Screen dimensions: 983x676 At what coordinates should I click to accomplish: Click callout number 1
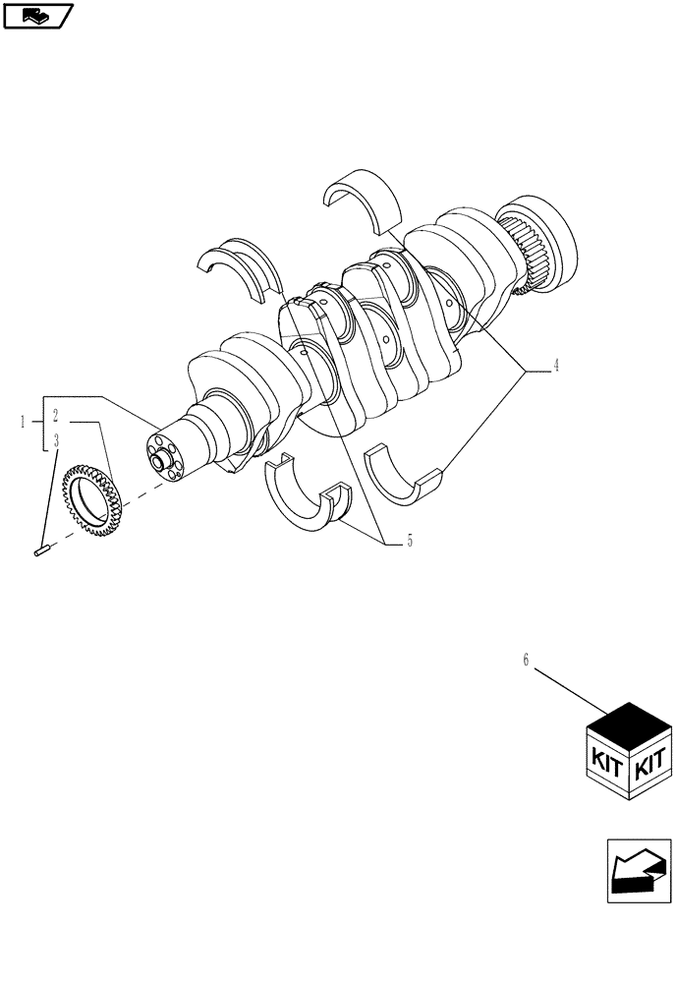(x=23, y=422)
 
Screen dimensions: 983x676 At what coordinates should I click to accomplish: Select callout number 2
(x=56, y=416)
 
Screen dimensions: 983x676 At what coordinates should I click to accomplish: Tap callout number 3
(x=56, y=441)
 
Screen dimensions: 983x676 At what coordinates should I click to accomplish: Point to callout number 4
(x=556, y=366)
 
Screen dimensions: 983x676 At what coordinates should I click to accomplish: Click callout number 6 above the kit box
(x=526, y=661)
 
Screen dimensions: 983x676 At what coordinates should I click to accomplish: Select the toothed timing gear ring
(x=91, y=499)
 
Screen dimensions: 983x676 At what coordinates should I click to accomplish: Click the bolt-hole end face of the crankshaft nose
(x=162, y=456)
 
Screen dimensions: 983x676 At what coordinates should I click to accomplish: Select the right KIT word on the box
(x=651, y=759)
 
